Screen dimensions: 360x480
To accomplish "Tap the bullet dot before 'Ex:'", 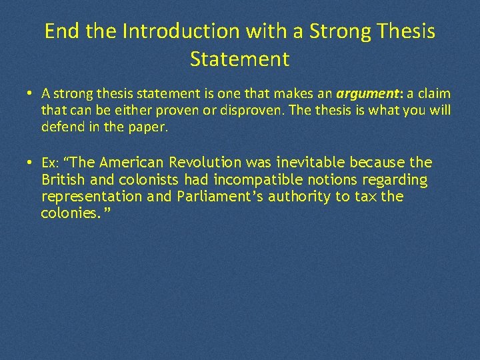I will click(32, 163).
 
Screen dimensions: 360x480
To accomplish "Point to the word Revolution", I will click(207, 163).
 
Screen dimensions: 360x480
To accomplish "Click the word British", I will click(63, 180).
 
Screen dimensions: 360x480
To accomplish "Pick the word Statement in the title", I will click(240, 59).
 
